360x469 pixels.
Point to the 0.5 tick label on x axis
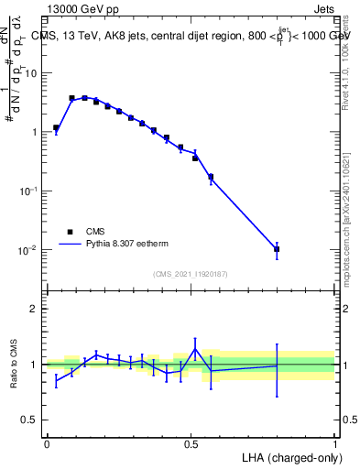coord(191,443)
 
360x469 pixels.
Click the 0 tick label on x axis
coord(47,443)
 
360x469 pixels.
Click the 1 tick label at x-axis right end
coord(335,443)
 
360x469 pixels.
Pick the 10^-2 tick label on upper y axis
coord(29,250)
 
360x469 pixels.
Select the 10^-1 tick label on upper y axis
coord(29,191)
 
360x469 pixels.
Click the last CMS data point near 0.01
coord(277,249)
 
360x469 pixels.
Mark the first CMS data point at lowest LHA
coord(56,128)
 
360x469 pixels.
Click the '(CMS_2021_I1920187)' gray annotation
coord(191,273)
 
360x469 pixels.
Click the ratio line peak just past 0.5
coord(195,349)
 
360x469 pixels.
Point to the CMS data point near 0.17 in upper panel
coord(211,177)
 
